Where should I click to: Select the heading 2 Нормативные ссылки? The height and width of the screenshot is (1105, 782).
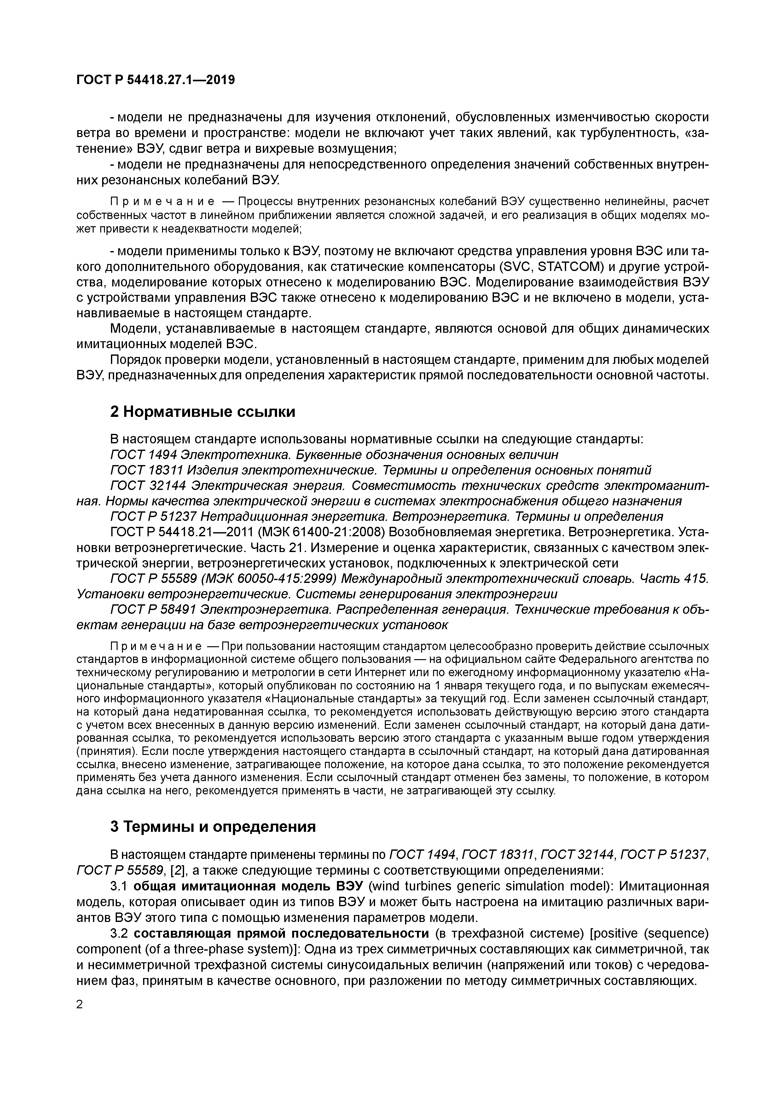point(203,412)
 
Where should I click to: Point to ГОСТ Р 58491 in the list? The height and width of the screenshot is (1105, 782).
point(153,610)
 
